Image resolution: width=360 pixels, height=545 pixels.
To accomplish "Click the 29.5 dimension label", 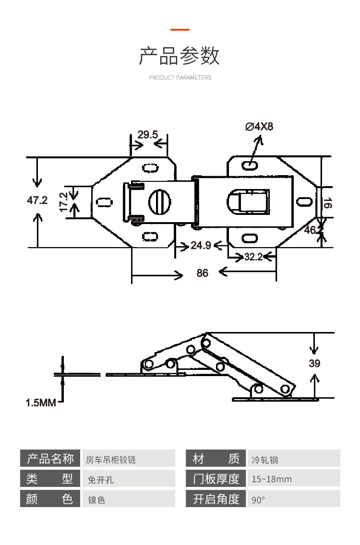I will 147,135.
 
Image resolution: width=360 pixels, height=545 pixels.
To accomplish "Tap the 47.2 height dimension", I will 37,200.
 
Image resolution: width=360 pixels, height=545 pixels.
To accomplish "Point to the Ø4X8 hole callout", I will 259,127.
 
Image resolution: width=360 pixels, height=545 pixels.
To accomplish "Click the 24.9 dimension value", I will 201,246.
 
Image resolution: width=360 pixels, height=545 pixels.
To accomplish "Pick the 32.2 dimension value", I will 253,257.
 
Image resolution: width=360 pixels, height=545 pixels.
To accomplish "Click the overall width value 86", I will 203,273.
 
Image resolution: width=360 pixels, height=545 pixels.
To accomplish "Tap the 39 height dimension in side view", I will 314,364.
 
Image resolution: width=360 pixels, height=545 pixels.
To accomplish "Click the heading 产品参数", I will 180,56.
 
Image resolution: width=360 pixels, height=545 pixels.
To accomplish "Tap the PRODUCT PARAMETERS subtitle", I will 180,78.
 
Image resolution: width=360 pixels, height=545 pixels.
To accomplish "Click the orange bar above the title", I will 180,30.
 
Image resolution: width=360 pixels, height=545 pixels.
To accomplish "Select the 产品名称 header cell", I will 50,459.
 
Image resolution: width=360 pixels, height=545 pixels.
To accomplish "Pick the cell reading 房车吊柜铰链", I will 111,460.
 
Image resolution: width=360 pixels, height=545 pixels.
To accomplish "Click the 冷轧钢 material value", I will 265,460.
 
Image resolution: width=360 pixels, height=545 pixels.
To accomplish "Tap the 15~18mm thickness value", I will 272,479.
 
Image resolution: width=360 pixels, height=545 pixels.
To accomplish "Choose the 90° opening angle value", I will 258,500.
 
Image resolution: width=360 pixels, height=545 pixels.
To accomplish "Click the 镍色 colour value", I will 96,500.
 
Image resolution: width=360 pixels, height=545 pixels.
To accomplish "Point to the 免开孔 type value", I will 101,479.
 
